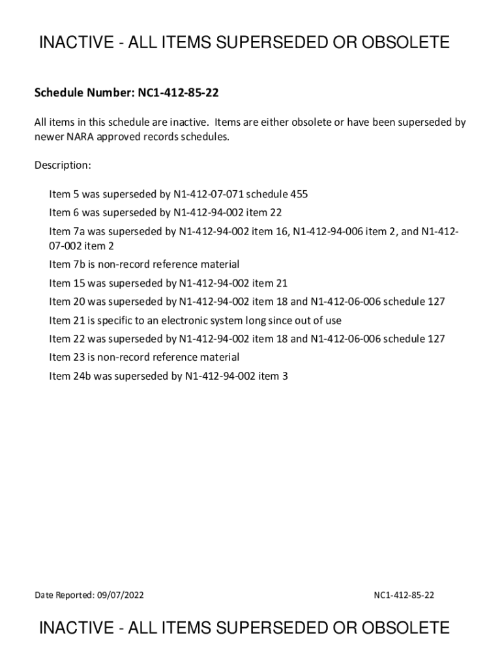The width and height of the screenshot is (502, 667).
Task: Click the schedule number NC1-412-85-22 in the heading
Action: (177, 94)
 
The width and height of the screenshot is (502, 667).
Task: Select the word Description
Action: (62, 165)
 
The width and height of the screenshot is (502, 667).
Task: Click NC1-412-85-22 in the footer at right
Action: (404, 595)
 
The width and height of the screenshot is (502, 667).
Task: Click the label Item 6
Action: (65, 212)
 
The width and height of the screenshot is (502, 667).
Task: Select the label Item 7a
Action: (67, 231)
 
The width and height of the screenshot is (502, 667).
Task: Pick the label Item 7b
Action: (67, 264)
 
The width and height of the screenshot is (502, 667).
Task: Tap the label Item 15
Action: (67, 283)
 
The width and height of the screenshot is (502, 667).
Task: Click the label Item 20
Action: (67, 302)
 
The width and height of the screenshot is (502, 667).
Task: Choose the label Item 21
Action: (67, 320)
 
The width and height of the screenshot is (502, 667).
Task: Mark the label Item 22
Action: (67, 339)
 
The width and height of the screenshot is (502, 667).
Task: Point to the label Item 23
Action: (67, 357)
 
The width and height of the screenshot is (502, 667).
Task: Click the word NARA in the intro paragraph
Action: (81, 137)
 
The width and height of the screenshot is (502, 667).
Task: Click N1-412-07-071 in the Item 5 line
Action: (208, 194)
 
